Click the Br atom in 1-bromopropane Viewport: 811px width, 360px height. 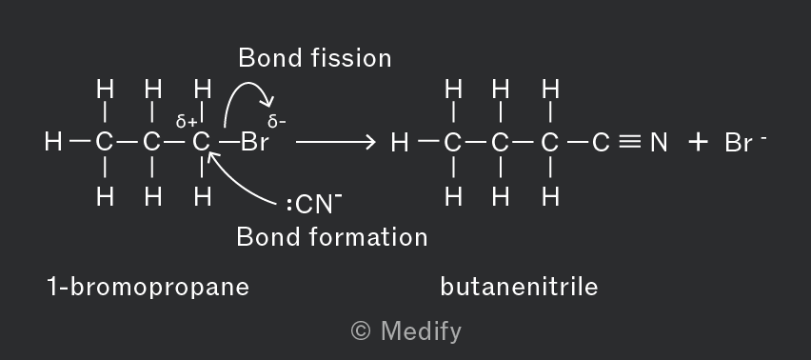pyautogui.click(x=255, y=142)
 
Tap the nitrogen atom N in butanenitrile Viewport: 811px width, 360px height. pyautogui.click(x=659, y=142)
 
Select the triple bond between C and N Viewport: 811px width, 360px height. pyautogui.click(x=630, y=142)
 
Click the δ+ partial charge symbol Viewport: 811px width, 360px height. pyautogui.click(x=187, y=122)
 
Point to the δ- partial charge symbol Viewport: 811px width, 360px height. pyautogui.click(x=277, y=122)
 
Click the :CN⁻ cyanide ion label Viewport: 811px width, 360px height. pyautogui.click(x=314, y=204)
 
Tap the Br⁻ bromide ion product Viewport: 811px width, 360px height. pyautogui.click(x=745, y=142)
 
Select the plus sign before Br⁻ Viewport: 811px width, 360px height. pyautogui.click(x=698, y=142)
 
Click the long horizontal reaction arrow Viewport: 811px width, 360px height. pyautogui.click(x=336, y=142)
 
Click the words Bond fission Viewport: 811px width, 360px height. pyautogui.click(x=315, y=58)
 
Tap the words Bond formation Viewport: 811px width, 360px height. pyautogui.click(x=332, y=237)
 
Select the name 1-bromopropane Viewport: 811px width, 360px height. pyautogui.click(x=148, y=287)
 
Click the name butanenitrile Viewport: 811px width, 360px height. pyautogui.click(x=520, y=287)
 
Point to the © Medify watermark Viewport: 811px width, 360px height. pyautogui.click(x=406, y=331)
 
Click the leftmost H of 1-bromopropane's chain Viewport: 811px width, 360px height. pyautogui.click(x=53, y=142)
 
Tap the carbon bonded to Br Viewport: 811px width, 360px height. pyautogui.click(x=201, y=142)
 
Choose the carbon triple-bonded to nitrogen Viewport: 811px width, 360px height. pyautogui.click(x=601, y=142)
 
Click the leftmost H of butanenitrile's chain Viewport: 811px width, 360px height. pyautogui.click(x=400, y=142)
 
